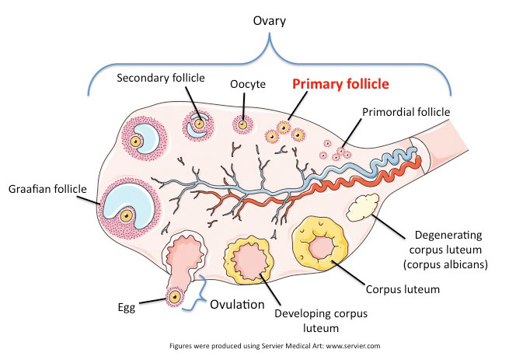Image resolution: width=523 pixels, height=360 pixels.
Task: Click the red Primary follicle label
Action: (x=340, y=83)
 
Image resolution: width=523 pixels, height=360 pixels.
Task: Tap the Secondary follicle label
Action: (x=160, y=78)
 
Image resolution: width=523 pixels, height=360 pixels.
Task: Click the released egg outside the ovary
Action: (x=176, y=296)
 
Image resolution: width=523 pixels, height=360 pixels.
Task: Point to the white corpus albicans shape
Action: (x=364, y=208)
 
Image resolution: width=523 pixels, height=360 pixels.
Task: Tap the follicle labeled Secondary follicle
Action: (x=199, y=124)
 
